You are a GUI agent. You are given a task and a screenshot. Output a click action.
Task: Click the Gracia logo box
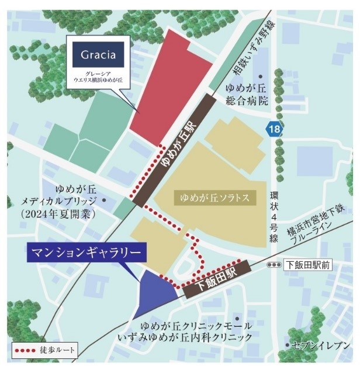pyautogui.click(x=98, y=56)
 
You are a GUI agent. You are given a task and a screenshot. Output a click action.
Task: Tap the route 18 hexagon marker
pyautogui.click(x=274, y=128)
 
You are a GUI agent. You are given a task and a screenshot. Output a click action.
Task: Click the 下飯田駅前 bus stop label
pyautogui.click(x=308, y=265)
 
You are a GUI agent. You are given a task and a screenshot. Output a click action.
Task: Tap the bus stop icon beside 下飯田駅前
pyautogui.click(x=274, y=265)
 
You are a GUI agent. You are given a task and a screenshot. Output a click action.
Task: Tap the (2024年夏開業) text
pyautogui.click(x=57, y=215)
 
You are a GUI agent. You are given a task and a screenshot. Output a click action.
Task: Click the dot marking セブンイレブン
pyautogui.click(x=287, y=344)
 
